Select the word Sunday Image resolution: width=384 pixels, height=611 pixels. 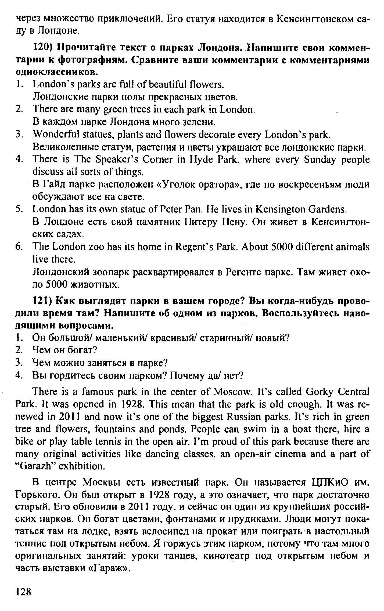[x=310, y=160]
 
